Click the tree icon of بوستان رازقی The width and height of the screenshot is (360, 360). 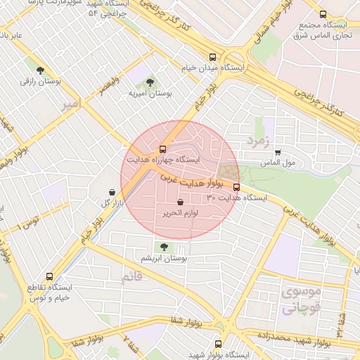40,70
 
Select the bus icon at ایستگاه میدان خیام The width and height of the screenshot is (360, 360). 212,58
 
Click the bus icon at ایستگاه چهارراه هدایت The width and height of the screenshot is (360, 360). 163,149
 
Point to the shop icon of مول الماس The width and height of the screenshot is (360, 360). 278,152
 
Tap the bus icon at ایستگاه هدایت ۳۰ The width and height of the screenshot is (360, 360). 236,187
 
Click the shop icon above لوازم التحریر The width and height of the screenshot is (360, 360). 181,202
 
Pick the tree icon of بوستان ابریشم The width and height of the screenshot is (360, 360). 164,247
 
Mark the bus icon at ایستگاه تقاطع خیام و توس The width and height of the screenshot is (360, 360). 49,276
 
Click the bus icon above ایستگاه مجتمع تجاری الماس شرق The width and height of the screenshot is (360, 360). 323,14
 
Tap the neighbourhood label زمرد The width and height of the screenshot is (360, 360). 257,141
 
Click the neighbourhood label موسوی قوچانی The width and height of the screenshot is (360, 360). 300,299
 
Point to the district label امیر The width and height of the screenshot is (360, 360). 72,104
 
